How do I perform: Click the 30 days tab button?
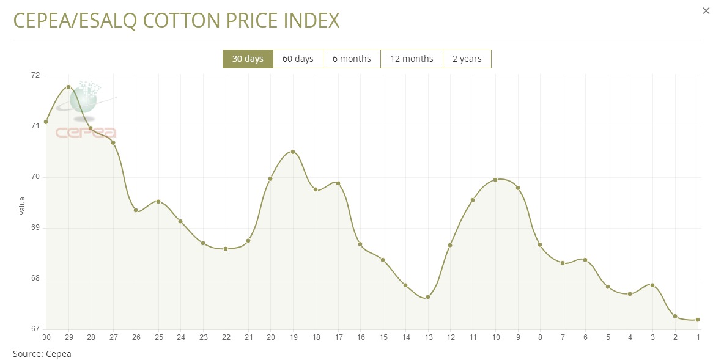[248, 59]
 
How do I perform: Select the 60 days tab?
[298, 59]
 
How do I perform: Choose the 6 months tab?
[352, 59]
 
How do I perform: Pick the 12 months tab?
[412, 59]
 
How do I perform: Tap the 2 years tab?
[467, 59]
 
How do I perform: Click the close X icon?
[706, 10]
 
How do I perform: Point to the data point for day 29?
[68, 87]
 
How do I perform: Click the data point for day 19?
[293, 152]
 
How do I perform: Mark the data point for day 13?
[428, 297]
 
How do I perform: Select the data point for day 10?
[495, 180]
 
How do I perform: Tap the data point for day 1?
[698, 320]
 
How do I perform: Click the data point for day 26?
[136, 211]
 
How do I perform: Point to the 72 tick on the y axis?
[35, 75]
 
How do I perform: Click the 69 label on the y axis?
[35, 227]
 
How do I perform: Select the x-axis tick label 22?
[226, 337]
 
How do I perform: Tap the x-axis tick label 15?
[383, 337]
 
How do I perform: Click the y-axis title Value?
[23, 206]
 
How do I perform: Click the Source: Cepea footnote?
[42, 353]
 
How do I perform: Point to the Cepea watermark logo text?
[86, 132]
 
